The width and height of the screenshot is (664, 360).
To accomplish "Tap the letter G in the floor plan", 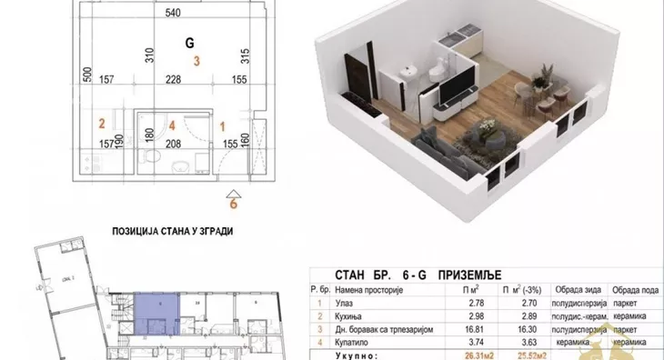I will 189,43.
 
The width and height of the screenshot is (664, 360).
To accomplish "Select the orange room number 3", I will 196,61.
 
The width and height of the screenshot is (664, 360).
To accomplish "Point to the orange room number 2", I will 103,124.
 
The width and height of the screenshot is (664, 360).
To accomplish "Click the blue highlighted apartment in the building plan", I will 157,311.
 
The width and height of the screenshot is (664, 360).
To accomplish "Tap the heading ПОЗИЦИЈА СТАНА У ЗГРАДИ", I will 172,231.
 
